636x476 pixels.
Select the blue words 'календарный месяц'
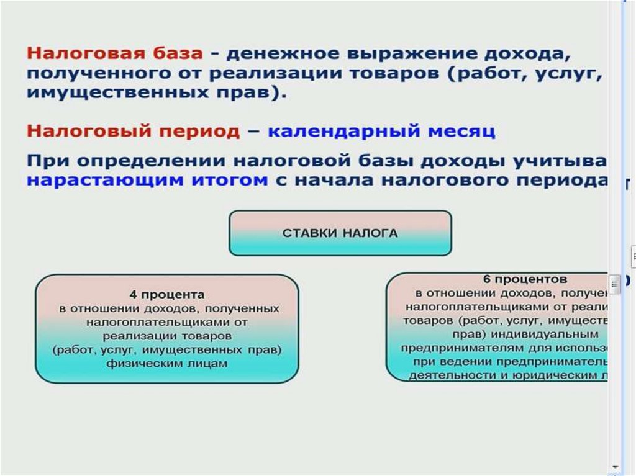(381, 132)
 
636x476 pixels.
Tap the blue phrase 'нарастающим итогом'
(147, 181)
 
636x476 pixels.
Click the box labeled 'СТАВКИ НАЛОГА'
(340, 233)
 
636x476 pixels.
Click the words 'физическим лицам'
(166, 364)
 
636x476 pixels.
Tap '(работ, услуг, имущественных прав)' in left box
(166, 349)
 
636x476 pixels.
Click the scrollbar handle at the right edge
(615, 284)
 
